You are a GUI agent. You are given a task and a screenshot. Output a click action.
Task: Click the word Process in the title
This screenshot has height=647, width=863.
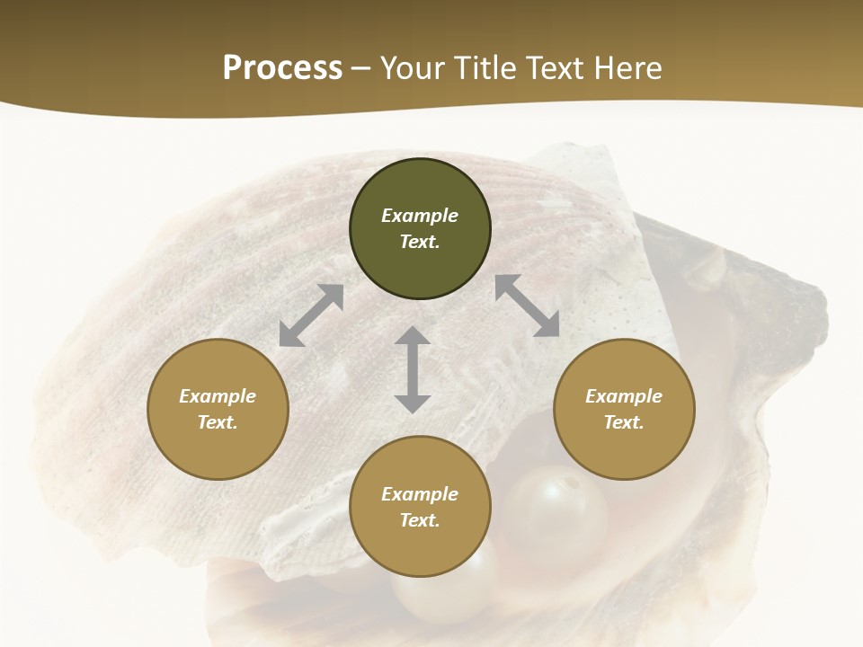point(282,68)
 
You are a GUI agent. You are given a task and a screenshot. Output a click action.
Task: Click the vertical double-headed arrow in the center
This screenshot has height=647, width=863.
point(413,369)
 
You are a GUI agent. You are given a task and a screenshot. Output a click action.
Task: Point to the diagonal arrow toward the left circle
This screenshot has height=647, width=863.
point(311,315)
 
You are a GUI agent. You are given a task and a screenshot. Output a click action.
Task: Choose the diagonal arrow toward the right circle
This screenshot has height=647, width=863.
point(528,306)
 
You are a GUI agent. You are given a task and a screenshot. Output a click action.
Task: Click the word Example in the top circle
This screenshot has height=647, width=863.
point(420,216)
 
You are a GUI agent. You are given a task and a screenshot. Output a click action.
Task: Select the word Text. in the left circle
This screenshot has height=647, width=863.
point(218,422)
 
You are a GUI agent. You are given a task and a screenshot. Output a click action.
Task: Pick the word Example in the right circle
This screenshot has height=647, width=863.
point(624,396)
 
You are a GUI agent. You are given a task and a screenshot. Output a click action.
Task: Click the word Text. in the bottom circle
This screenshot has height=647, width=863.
point(420,520)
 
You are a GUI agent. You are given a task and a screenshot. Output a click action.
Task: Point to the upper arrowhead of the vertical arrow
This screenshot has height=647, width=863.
point(413,337)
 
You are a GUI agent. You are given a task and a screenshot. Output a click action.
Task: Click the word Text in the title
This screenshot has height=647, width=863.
point(554,68)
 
